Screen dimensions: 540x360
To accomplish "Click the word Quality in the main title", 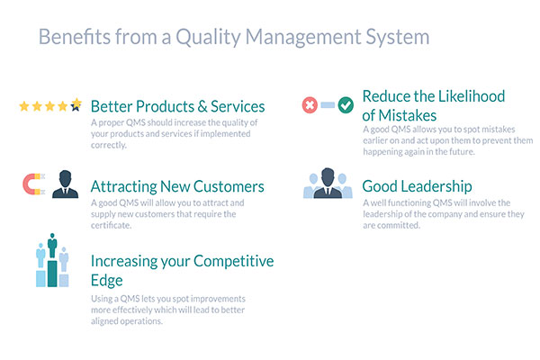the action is (x=208, y=38).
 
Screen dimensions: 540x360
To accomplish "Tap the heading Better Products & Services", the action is (x=177, y=106).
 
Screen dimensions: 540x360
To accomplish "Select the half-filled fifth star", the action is (x=76, y=104).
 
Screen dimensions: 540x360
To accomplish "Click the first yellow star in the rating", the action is (x=24, y=106).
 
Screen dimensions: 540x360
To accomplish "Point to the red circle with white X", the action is (x=310, y=105).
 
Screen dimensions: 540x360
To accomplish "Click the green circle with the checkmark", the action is (x=346, y=105).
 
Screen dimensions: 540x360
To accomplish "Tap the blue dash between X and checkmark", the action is (x=328, y=104).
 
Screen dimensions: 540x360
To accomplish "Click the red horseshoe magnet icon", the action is (x=34, y=184).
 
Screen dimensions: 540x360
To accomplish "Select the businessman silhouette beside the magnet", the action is (x=65, y=184).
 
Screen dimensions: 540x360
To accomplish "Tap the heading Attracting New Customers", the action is (x=177, y=186).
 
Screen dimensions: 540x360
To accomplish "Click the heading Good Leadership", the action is (x=417, y=186).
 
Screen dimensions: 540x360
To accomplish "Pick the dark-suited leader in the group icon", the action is (x=328, y=184).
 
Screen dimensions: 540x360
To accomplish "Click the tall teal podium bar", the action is (x=52, y=274).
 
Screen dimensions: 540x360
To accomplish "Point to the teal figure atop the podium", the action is (x=52, y=246).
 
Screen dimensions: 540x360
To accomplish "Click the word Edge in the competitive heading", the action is (x=107, y=281).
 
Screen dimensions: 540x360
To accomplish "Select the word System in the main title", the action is (x=398, y=38).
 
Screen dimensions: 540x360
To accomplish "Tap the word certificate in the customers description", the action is (x=111, y=225).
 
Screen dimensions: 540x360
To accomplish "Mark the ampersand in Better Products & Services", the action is (x=202, y=107).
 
